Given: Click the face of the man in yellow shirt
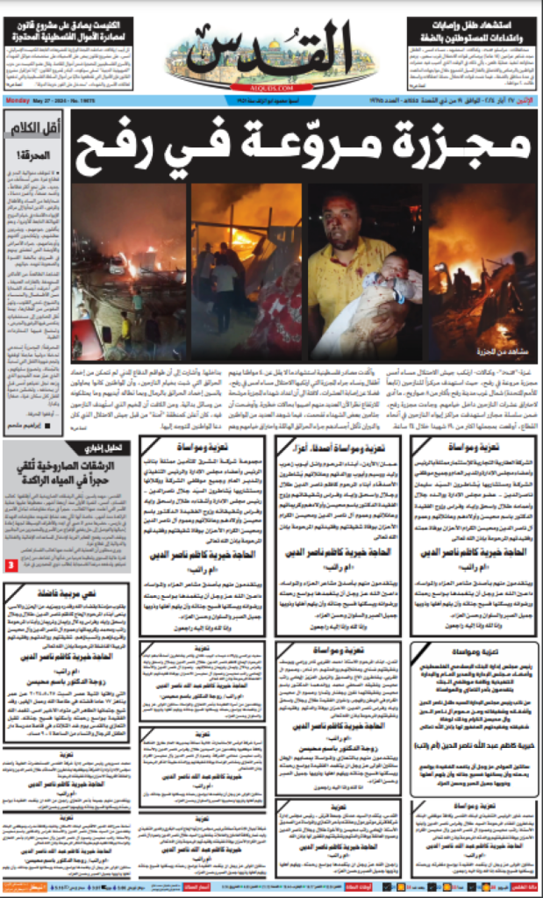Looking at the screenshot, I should coord(338,217).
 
